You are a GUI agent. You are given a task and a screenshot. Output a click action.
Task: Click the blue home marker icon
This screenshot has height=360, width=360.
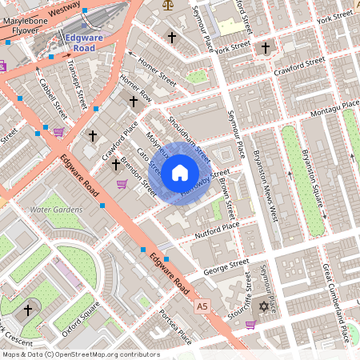180,172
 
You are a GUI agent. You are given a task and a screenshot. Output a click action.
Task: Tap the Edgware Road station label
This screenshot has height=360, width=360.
84,42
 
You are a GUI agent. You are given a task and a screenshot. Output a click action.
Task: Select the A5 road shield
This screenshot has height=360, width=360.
202,306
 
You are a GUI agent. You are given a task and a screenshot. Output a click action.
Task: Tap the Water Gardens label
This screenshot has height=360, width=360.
56,210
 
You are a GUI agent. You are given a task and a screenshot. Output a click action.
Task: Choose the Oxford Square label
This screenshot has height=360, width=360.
79,316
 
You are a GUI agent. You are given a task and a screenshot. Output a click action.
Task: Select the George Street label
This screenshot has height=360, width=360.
228,265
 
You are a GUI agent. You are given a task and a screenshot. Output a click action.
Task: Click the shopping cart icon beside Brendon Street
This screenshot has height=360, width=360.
122,184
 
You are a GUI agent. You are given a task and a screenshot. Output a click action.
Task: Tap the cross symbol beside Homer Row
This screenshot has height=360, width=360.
134,101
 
